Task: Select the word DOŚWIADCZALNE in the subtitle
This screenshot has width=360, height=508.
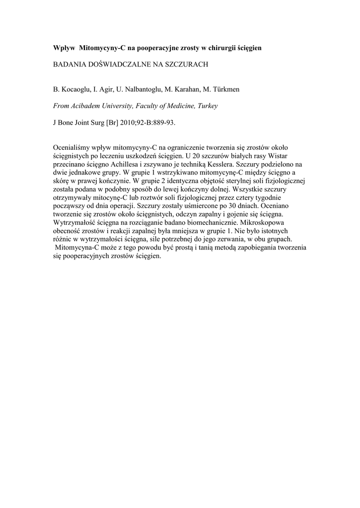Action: tap(114, 64)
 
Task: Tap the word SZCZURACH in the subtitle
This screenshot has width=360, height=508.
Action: tap(186, 64)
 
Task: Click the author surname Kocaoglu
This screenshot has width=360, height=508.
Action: tap(75, 89)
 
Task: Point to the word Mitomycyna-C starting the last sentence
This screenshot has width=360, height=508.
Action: tap(77, 247)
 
